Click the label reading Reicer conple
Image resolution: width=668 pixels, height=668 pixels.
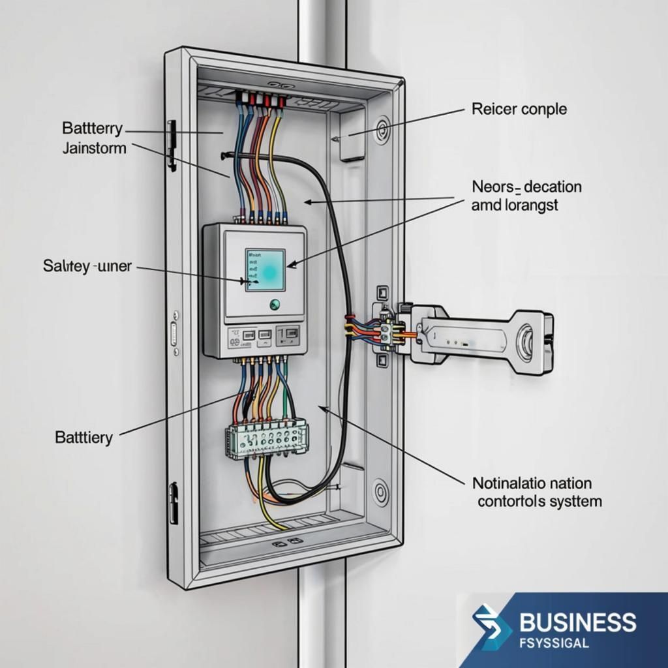[519, 109]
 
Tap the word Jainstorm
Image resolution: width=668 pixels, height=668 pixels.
[94, 148]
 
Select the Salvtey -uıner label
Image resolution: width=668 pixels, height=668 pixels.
[87, 266]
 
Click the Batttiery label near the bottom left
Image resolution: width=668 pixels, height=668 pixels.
[84, 438]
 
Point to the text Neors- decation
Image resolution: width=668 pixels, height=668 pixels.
[526, 187]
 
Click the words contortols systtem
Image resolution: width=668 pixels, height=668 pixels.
[539, 502]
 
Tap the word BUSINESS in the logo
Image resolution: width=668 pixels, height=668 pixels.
[578, 622]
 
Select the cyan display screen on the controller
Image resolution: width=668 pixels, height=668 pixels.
[265, 270]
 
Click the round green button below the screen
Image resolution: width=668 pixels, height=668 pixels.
[275, 304]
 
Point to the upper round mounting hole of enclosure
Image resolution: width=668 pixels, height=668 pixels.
[381, 129]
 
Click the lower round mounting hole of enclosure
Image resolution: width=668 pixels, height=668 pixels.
[380, 492]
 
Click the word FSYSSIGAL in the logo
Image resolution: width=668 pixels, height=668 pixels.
[554, 643]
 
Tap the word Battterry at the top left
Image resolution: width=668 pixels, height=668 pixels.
[92, 129]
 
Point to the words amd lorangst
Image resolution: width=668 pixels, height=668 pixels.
[515, 205]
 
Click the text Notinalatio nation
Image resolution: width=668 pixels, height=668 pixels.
[532, 483]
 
